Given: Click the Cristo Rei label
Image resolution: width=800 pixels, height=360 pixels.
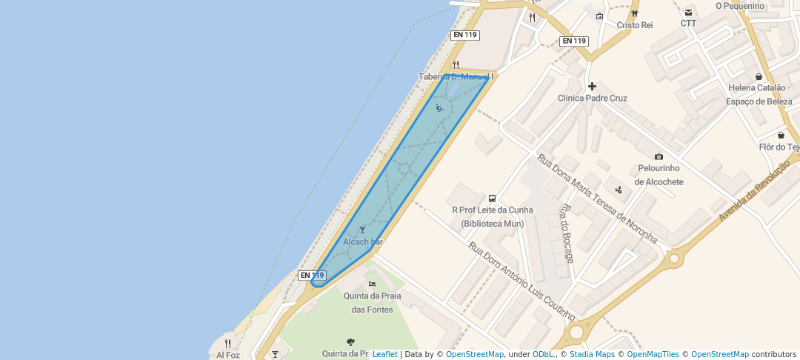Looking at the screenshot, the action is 635,25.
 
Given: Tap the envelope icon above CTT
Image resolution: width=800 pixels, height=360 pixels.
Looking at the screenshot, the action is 689,13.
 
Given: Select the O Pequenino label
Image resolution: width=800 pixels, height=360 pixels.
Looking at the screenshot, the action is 739,6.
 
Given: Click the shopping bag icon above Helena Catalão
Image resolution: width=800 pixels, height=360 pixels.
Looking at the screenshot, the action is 759,76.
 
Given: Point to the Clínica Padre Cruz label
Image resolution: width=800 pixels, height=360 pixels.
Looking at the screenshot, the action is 592,98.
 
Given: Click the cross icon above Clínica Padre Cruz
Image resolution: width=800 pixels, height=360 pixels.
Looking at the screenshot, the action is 592,86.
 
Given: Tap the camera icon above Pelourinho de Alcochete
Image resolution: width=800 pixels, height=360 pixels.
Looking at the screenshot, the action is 659,156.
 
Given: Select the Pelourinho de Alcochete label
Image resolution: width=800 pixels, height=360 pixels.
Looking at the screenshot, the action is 659,176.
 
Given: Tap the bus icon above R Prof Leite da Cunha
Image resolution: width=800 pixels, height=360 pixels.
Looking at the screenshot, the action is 492,199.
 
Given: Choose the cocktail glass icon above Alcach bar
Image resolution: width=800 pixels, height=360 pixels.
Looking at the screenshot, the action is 362,230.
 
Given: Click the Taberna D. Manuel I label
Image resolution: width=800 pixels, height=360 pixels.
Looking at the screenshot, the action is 456,76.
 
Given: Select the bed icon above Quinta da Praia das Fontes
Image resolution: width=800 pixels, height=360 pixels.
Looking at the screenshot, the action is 372,284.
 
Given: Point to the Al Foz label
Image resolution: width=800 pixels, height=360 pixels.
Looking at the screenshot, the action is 228,355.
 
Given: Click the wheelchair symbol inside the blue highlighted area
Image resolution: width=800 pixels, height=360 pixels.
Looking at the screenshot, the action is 439,108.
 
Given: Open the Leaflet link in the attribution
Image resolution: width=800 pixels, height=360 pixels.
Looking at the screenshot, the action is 384,354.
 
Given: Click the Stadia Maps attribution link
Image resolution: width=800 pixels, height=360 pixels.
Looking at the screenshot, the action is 592,354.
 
